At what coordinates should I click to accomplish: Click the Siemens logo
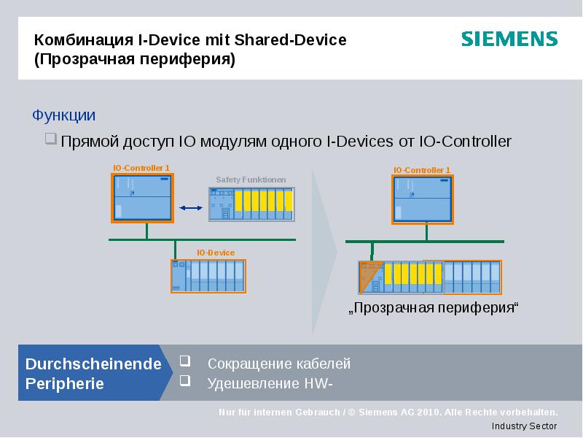click(509, 39)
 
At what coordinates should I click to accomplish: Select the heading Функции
click(64, 115)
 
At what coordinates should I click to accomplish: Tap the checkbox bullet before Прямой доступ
click(51, 139)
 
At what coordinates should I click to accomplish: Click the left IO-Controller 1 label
click(141, 168)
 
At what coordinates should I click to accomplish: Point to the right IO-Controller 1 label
click(421, 170)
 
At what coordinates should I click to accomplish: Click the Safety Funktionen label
click(251, 180)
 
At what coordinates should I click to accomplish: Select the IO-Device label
click(216, 253)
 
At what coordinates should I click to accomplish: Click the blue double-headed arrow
click(190, 208)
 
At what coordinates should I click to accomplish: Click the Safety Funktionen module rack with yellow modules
click(252, 203)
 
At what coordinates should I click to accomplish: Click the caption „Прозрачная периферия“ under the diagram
click(434, 307)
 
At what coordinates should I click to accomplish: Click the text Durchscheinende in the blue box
click(93, 364)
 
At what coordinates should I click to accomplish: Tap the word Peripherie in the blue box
click(65, 383)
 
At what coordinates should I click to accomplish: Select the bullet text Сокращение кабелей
click(279, 364)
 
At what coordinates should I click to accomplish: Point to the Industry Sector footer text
click(524, 426)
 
